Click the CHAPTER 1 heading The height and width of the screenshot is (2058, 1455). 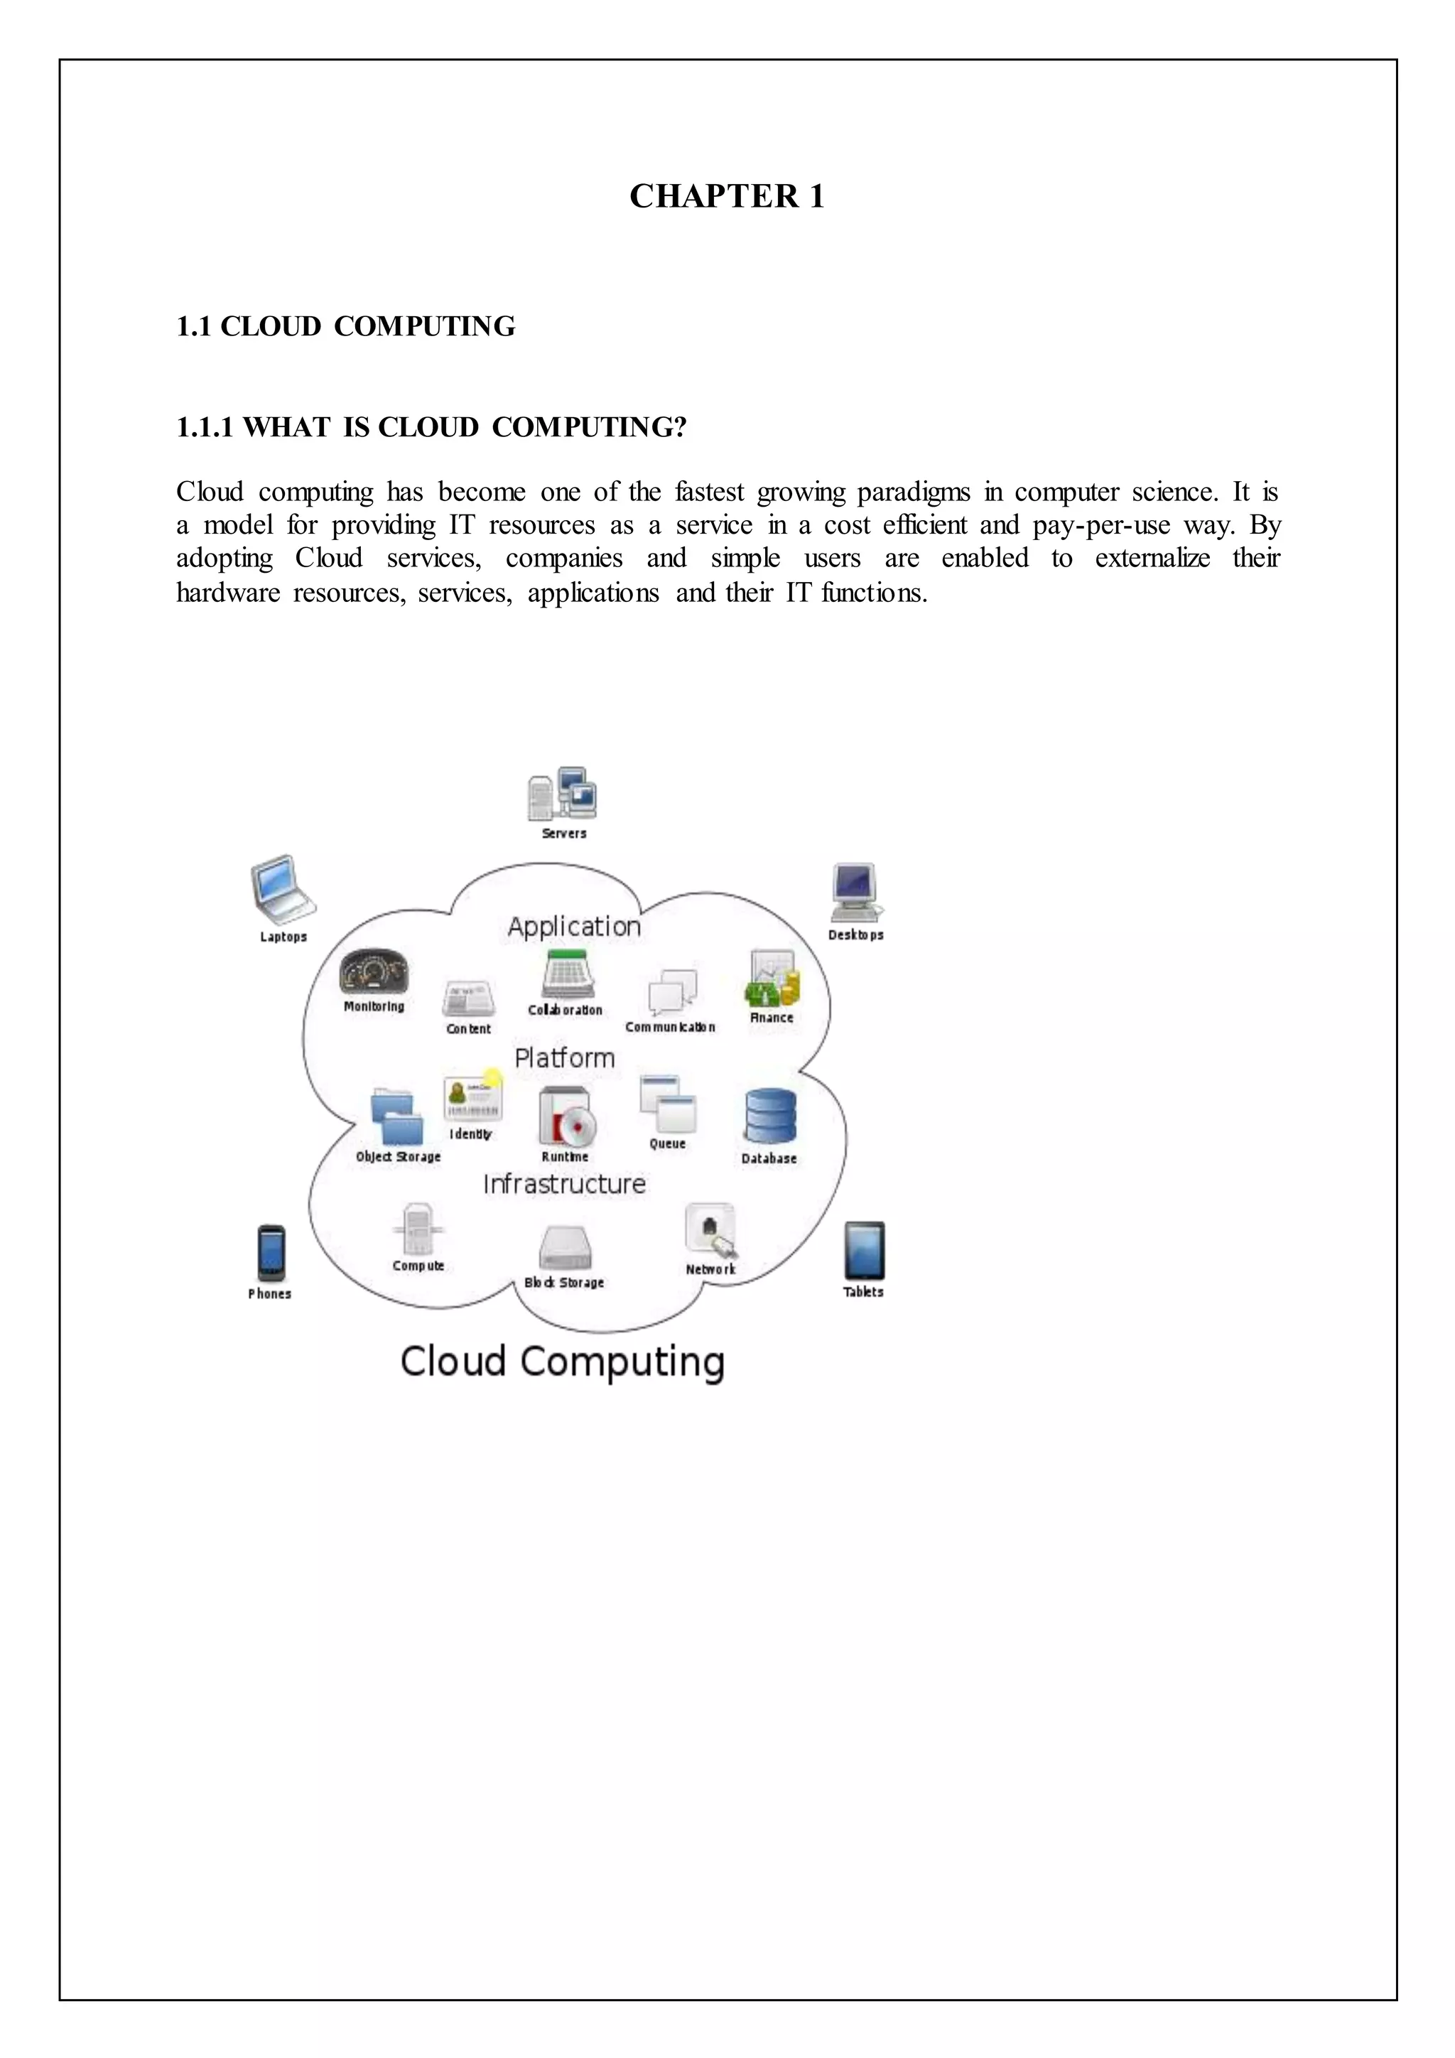pos(727,196)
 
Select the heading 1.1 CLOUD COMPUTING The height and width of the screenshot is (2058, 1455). pos(346,326)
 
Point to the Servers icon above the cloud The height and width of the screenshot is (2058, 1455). pos(562,794)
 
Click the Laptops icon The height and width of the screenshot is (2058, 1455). pos(283,889)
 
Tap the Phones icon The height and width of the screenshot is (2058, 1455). pos(271,1252)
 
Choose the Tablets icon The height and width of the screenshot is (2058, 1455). pos(864,1251)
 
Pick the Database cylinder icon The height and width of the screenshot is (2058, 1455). pos(769,1117)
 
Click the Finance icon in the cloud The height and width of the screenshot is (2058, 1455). pos(772,979)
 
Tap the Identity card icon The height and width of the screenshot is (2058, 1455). pos(472,1097)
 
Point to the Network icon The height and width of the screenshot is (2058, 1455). pos(710,1231)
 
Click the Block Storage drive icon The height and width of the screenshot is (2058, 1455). pos(564,1248)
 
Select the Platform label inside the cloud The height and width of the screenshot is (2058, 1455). pos(564,1059)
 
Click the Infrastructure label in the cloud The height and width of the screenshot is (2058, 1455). pos(564,1185)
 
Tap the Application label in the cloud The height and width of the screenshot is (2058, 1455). pos(574,927)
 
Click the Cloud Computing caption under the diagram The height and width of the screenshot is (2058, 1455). pos(562,1362)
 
